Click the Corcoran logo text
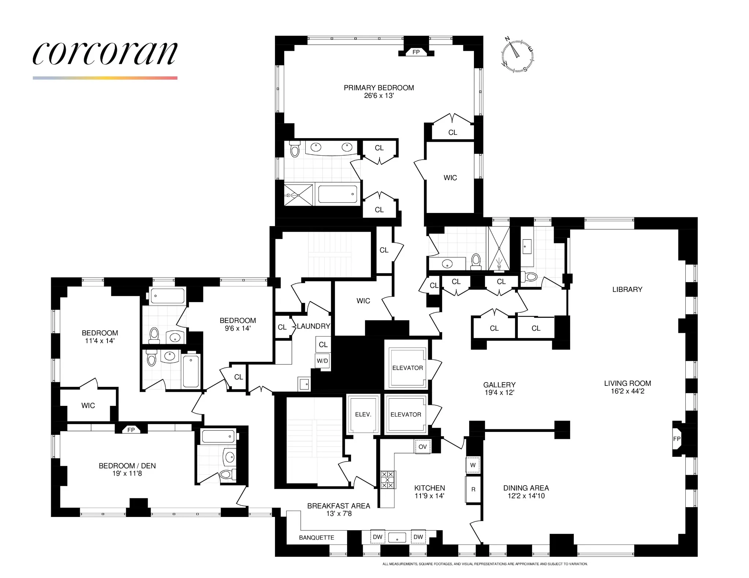pos(105,53)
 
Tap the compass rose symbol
pos(517,55)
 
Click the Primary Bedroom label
pos(379,88)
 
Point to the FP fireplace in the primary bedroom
pos(416,52)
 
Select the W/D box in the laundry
pos(322,361)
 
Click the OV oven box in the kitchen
pos(422,446)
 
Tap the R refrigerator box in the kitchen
pos(473,489)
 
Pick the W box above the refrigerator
pos(473,465)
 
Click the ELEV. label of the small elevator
pos(363,414)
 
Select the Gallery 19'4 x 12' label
pos(499,388)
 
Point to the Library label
pos(627,289)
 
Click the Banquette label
pos(316,537)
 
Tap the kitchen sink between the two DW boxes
pos(397,537)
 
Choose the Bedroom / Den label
pos(127,466)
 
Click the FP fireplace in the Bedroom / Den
pos(131,430)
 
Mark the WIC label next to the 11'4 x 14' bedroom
pos(88,405)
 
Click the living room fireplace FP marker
pos(677,438)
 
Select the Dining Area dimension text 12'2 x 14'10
pos(526,496)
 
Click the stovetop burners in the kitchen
pos(388,480)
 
